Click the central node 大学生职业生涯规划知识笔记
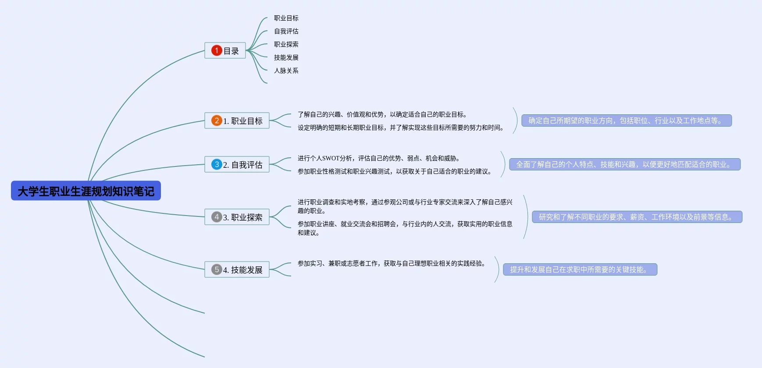coord(86,191)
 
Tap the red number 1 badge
coord(217,50)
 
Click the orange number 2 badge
coord(217,120)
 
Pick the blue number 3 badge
coord(217,164)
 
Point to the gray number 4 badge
coord(217,217)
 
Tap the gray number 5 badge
coord(217,269)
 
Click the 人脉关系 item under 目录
coord(286,71)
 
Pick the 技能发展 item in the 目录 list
coord(286,57)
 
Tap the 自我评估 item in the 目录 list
coord(286,31)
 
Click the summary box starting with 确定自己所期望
coord(626,120)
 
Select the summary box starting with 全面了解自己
coord(624,164)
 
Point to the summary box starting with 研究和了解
coord(637,217)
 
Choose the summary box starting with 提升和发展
coord(580,269)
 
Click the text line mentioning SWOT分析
coord(378,158)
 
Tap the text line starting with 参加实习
coord(392,263)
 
